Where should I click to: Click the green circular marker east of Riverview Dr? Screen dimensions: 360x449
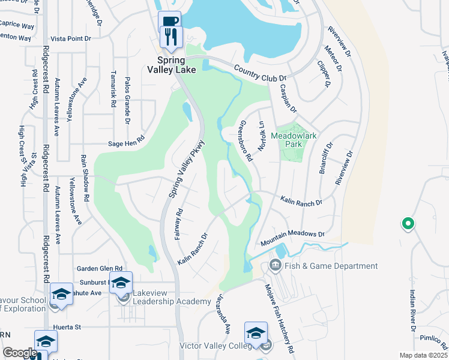point(408,224)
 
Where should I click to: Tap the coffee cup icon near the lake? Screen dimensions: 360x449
point(169,22)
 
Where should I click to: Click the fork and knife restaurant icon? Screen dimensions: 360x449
point(172,36)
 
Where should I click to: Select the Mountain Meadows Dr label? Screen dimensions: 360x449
point(292,238)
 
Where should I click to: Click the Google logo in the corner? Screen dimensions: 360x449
point(20,353)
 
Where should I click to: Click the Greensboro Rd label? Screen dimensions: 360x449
point(244,140)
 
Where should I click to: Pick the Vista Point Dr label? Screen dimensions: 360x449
point(71,38)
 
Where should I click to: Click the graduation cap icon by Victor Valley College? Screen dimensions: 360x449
point(255,333)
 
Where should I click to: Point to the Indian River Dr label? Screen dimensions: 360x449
point(412,311)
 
